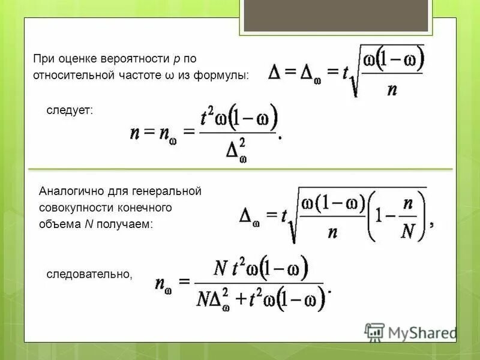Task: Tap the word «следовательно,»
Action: (x=89, y=274)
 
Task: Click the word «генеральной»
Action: (x=170, y=191)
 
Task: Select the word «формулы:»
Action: (x=225, y=75)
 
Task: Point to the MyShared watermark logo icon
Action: (x=374, y=332)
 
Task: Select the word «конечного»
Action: (x=149, y=208)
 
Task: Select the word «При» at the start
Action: (x=41, y=59)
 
